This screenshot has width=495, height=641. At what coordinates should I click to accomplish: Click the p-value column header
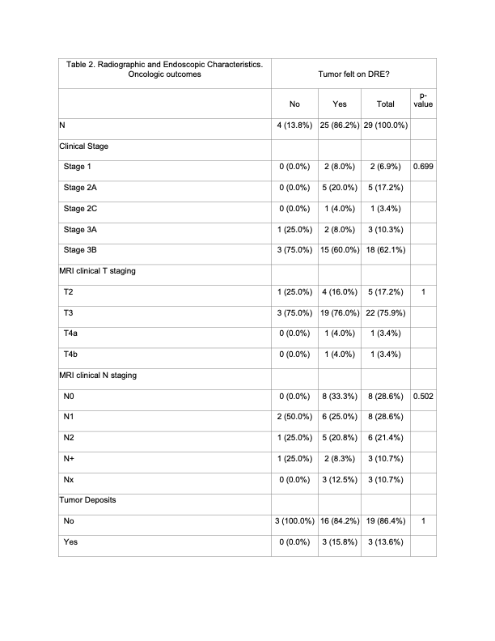click(x=423, y=100)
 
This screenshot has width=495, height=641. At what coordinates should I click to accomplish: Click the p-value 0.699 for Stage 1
click(x=423, y=166)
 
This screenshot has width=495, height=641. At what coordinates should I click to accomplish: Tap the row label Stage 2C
click(x=81, y=208)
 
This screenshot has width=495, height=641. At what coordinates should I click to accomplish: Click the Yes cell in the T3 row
click(x=340, y=312)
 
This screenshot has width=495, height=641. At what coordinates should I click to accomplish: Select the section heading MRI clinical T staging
click(x=97, y=270)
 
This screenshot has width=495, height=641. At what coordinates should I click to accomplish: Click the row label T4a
click(x=71, y=333)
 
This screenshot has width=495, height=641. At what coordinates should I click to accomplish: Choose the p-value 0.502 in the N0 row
click(x=423, y=396)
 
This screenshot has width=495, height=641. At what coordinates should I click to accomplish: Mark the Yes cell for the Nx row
click(x=340, y=480)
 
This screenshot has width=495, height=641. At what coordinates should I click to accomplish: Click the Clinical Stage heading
click(x=84, y=146)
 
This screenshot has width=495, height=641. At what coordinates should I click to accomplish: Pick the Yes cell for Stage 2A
click(x=340, y=187)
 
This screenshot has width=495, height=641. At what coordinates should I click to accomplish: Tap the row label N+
click(x=70, y=459)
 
